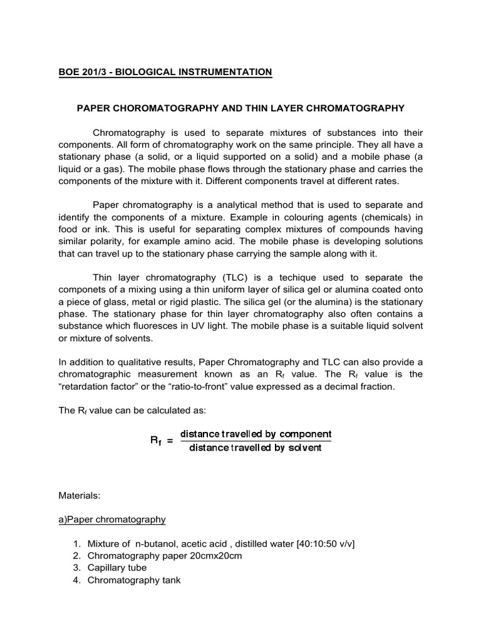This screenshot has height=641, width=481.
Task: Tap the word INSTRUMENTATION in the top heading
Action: [x=223, y=73]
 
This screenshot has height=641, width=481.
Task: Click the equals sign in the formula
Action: [x=169, y=441]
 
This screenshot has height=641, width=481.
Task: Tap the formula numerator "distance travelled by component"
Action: [x=256, y=434]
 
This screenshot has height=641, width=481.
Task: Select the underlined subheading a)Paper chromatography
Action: [x=112, y=519]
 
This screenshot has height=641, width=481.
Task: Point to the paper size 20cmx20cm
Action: [x=210, y=556]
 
